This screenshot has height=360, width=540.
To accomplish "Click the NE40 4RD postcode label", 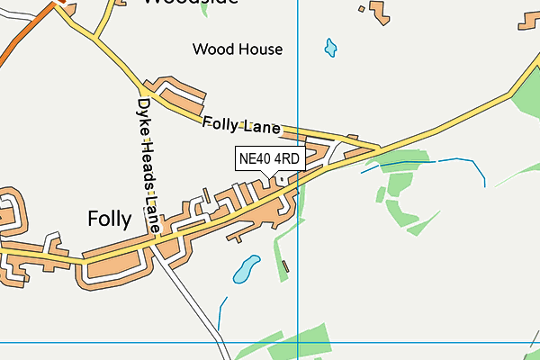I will coord(269,159).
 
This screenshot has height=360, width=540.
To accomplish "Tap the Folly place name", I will coord(110,219).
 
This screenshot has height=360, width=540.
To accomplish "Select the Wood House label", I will coord(238,49).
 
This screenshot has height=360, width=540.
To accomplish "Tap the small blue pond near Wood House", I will coord(330,46).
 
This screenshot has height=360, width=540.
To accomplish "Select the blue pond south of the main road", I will coord(246,267).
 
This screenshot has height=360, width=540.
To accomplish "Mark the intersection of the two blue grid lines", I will coord(297,342).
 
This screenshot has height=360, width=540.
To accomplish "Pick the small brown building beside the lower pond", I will coord(286,265).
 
